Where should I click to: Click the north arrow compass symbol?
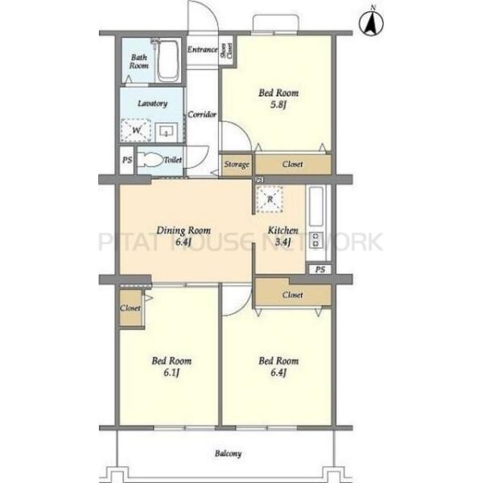[371, 23]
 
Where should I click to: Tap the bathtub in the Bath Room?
[168, 60]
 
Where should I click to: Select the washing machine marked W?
[136, 130]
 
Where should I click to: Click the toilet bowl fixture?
[151, 160]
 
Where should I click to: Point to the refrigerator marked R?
[270, 200]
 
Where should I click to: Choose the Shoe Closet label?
[227, 51]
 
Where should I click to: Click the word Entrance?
[202, 49]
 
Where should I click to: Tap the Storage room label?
[237, 164]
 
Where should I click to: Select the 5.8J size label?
[279, 105]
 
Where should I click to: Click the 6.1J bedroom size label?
[171, 373]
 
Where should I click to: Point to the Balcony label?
[229, 453]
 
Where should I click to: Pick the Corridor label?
[202, 114]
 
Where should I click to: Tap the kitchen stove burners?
[316, 240]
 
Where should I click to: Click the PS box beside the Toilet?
[127, 160]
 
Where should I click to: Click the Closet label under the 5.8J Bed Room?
[293, 164]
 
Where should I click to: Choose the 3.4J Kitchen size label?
[283, 242]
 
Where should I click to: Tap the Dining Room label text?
[184, 230]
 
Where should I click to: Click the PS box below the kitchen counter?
[320, 270]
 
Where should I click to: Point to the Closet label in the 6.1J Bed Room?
[130, 308]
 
